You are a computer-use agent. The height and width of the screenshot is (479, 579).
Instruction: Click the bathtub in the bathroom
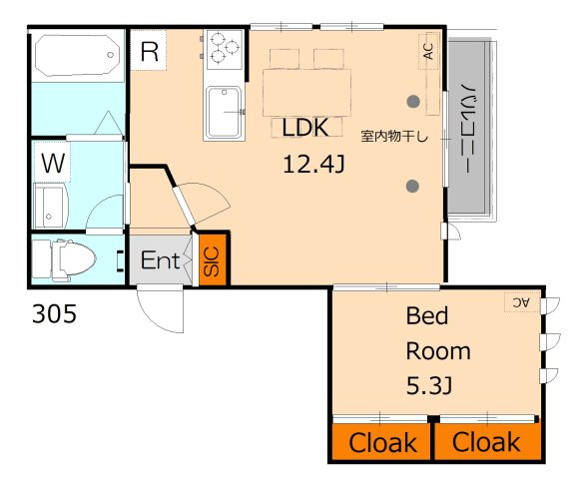(x=77, y=55)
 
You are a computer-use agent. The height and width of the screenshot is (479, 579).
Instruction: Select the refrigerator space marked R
(x=149, y=50)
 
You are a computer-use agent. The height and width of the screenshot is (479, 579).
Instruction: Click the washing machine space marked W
(x=53, y=163)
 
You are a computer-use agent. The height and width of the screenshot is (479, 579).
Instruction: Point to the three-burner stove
(x=225, y=50)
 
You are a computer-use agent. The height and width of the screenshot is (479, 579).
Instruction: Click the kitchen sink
(x=224, y=112)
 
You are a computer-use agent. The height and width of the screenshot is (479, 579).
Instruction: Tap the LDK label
(x=305, y=128)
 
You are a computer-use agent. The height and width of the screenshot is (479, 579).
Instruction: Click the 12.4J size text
(x=313, y=165)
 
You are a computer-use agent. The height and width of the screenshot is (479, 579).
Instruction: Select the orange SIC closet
(x=213, y=260)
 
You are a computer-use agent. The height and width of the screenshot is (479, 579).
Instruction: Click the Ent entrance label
(x=160, y=260)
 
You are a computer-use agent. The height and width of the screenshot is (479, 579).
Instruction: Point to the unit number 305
(x=54, y=314)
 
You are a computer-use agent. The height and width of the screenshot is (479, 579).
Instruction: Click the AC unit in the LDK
(x=428, y=51)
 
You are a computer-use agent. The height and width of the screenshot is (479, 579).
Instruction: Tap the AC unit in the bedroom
(x=522, y=302)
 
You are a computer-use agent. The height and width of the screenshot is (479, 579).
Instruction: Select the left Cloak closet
(x=381, y=442)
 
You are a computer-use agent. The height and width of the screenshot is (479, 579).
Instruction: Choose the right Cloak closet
(x=488, y=442)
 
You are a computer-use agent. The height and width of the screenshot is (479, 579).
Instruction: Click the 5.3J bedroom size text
(x=429, y=386)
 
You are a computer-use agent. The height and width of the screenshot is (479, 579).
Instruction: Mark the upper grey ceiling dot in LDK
(x=413, y=102)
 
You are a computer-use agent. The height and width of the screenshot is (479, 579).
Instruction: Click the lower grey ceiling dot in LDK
(x=412, y=186)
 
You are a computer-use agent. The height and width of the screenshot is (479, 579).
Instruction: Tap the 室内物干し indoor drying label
(x=394, y=137)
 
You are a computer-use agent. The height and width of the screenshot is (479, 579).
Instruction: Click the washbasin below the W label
(x=50, y=207)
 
